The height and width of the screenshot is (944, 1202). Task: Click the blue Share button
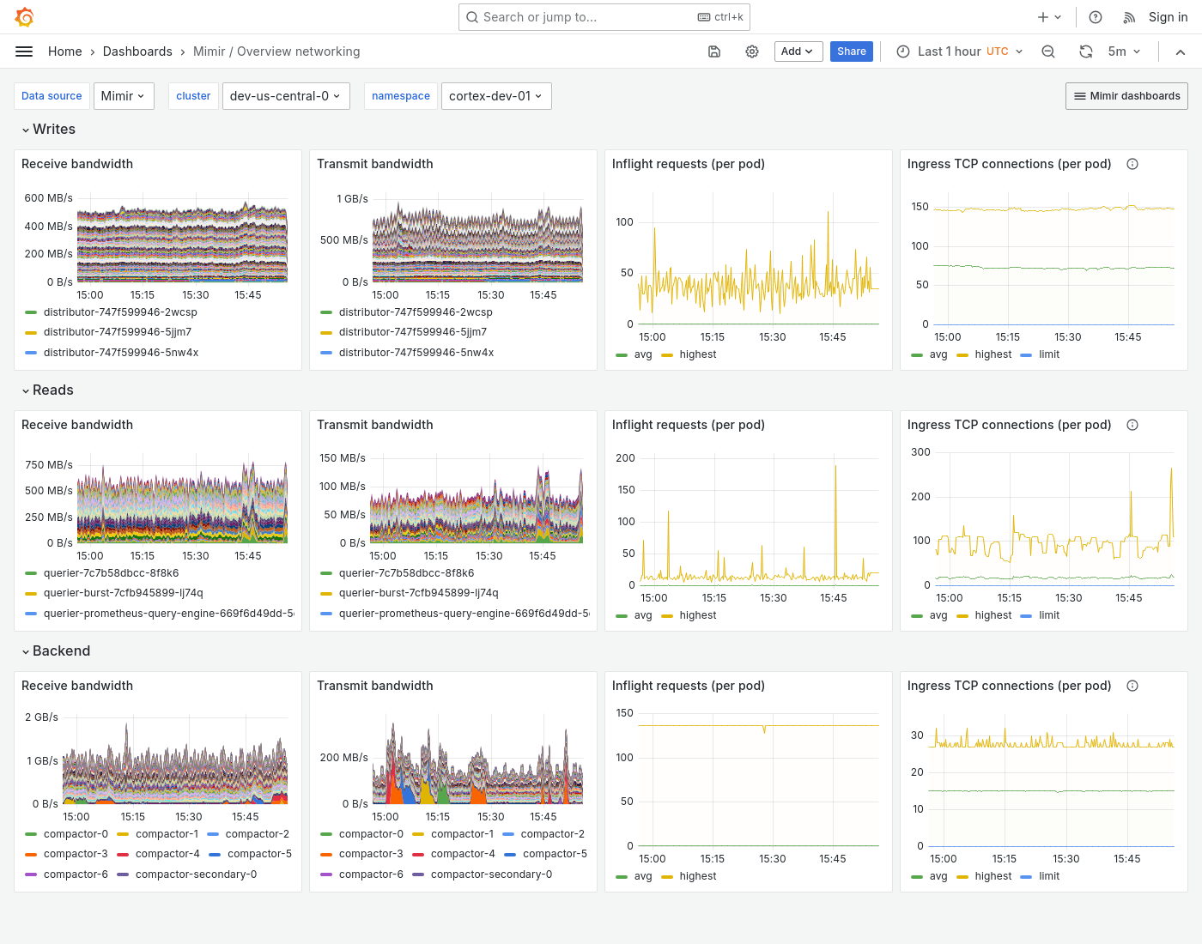point(851,51)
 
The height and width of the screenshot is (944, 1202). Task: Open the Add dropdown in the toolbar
point(798,51)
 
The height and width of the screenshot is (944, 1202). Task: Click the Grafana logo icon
point(25,17)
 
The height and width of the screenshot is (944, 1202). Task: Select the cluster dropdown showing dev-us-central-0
point(284,96)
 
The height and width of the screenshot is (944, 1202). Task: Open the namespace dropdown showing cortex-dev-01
point(495,96)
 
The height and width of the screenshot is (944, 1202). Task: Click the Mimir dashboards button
point(1126,96)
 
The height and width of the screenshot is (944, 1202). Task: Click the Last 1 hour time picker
point(960,51)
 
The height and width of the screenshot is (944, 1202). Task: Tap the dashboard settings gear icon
point(752,51)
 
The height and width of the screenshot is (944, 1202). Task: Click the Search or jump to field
point(604,17)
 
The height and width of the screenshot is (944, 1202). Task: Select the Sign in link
point(1168,17)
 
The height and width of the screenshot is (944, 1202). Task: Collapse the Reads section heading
point(52,390)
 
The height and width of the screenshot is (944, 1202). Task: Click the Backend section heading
point(61,651)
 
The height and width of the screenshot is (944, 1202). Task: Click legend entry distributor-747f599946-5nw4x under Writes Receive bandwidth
point(121,353)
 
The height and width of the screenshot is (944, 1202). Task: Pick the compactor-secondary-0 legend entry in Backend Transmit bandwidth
point(491,874)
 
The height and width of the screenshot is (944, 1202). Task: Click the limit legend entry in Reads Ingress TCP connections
point(1048,615)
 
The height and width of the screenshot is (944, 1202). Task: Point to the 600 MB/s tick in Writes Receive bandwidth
point(48,198)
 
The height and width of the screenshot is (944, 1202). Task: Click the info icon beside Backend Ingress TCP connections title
point(1132,686)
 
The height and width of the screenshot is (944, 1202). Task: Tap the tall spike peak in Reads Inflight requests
point(835,466)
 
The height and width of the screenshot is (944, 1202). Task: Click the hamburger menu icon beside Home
point(24,51)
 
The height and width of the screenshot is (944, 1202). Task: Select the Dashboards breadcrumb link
point(137,51)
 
